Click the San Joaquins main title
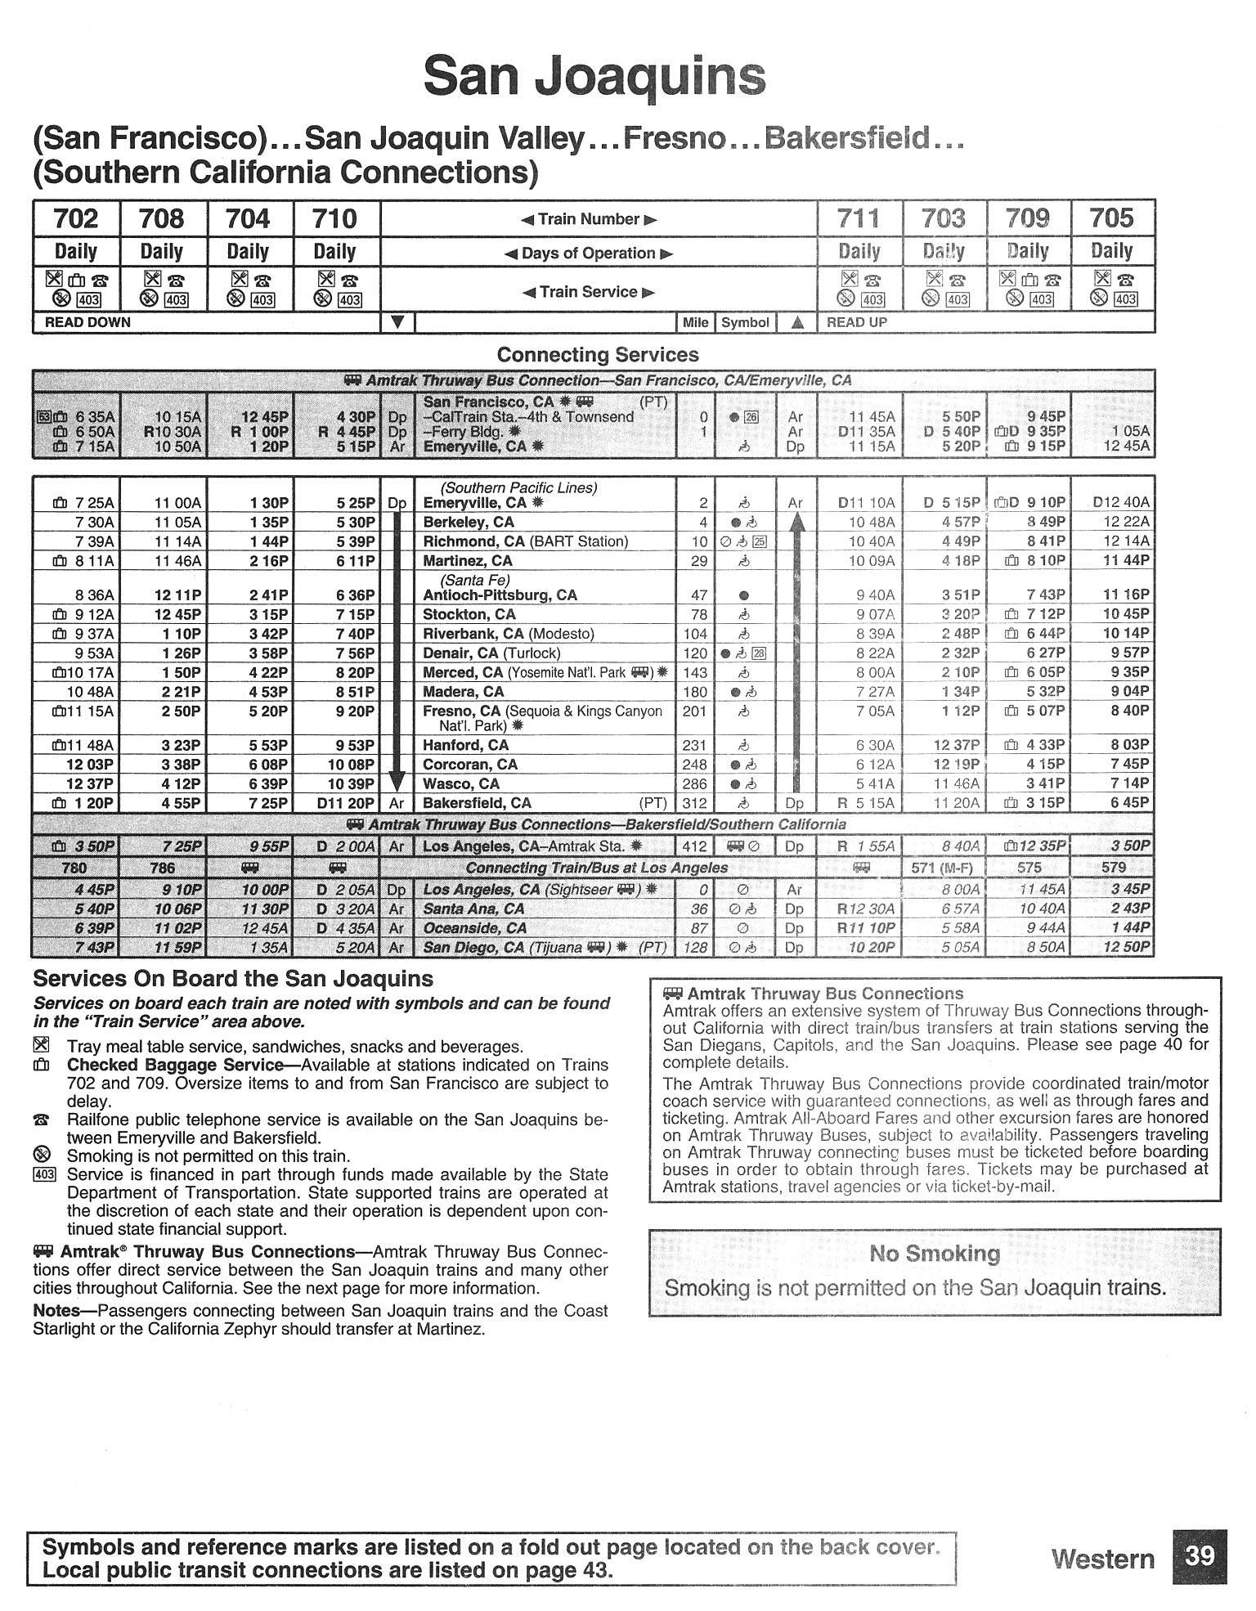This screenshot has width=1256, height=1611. click(594, 78)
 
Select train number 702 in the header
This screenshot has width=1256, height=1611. click(75, 219)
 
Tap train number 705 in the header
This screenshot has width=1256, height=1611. click(1111, 219)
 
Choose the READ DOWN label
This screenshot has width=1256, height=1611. click(87, 322)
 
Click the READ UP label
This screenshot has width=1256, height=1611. click(856, 322)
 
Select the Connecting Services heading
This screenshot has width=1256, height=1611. click(598, 355)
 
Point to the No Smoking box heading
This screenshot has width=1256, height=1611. click(935, 1254)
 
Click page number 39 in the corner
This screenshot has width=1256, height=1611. click(1199, 1555)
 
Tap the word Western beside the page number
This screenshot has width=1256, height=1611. click(1102, 1559)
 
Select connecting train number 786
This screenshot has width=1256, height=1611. click(163, 868)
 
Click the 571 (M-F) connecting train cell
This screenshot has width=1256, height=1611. click(944, 868)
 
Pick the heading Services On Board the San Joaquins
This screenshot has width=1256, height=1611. click(233, 979)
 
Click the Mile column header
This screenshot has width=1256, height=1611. click(695, 322)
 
